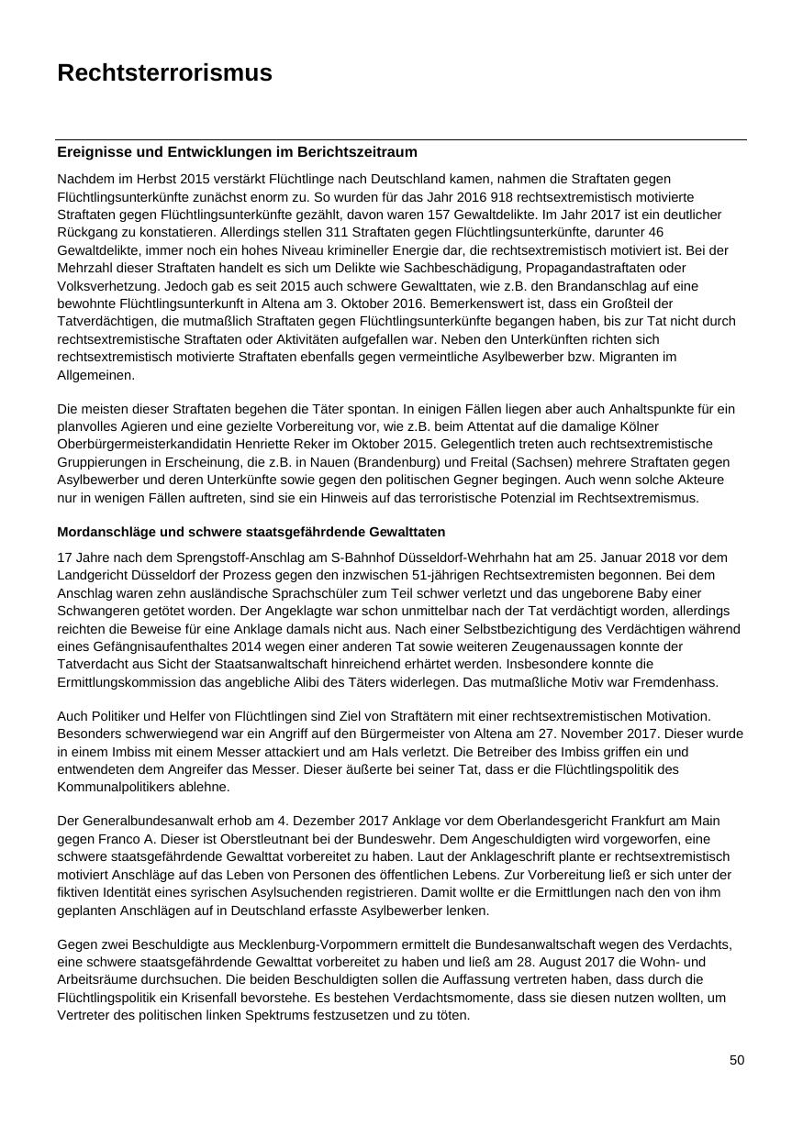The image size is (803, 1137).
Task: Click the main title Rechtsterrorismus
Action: [x=164, y=73]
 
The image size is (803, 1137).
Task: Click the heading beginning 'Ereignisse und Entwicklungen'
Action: [x=237, y=152]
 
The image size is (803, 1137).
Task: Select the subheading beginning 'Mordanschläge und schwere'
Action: [x=251, y=532]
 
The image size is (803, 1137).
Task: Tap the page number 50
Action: [x=737, y=1060]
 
